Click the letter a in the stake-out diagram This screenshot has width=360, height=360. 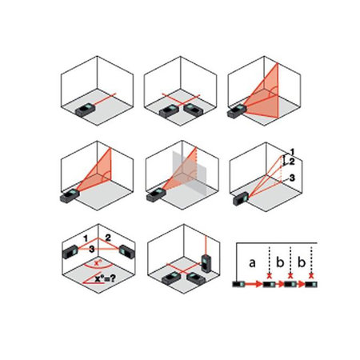[252, 263]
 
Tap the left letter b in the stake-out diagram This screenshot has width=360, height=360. [280, 262]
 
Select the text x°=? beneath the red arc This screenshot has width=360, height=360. [106, 279]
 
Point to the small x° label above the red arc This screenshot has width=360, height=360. [98, 263]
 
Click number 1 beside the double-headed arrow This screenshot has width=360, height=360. [292, 152]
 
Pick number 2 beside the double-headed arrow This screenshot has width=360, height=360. [292, 162]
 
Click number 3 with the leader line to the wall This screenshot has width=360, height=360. [292, 178]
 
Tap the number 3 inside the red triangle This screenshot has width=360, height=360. [91, 250]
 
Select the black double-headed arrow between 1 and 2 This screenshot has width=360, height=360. [284, 161]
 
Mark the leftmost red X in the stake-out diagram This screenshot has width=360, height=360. [270, 276]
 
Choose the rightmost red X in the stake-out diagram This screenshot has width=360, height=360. [311, 276]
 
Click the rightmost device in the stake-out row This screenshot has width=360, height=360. [311, 284]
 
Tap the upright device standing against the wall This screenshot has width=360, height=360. [206, 263]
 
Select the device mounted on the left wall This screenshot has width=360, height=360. [70, 252]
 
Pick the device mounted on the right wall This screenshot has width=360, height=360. [127, 251]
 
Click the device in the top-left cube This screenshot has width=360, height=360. [85, 110]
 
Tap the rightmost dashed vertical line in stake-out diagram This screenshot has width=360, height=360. [311, 259]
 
